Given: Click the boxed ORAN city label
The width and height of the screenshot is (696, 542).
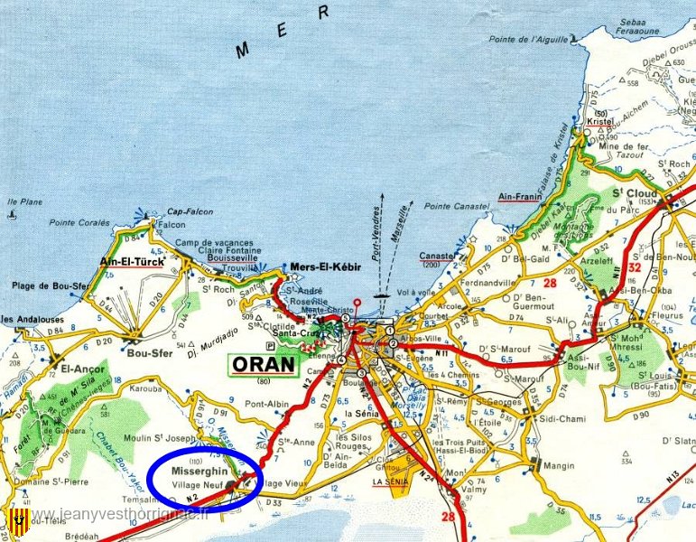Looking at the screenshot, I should [264, 364].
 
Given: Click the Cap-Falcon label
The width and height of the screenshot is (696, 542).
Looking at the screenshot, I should [190, 211].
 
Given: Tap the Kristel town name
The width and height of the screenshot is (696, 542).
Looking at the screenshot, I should [599, 120].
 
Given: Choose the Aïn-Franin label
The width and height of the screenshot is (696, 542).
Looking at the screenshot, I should [519, 196].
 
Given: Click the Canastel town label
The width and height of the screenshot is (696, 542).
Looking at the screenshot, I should [436, 256].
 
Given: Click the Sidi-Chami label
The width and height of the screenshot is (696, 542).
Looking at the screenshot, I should [559, 419].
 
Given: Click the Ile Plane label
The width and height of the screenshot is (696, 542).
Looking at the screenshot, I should [24, 201].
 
